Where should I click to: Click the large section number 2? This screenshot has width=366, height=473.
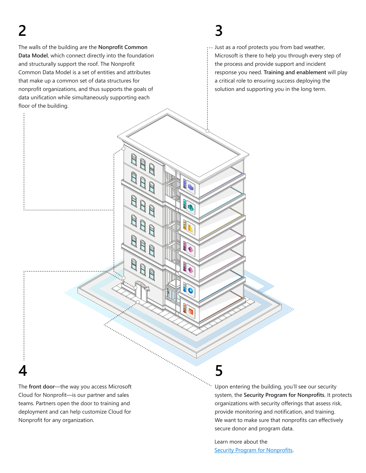click(22, 31)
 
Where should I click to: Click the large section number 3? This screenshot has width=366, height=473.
click(219, 31)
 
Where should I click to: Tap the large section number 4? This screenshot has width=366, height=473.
click(23, 371)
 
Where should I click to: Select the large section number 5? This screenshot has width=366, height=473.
click(219, 371)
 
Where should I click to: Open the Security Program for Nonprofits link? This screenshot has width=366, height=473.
click(253, 450)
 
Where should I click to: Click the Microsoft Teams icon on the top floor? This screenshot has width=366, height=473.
click(190, 187)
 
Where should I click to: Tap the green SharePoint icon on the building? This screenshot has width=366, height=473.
click(190, 208)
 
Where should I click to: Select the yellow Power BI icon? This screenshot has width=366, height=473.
click(190, 228)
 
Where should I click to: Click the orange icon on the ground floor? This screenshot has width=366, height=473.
click(190, 311)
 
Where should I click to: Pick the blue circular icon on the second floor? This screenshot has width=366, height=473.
click(190, 290)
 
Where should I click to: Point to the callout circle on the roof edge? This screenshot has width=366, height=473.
click(208, 131)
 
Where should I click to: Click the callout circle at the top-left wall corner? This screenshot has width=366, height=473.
click(124, 149)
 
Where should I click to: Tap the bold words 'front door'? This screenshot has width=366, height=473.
click(42, 387)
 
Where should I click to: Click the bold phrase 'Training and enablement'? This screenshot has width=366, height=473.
click(295, 73)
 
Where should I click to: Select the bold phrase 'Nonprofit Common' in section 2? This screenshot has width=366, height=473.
click(123, 47)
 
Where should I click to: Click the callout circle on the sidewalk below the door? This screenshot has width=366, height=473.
click(138, 302)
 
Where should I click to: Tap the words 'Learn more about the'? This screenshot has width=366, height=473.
click(241, 442)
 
